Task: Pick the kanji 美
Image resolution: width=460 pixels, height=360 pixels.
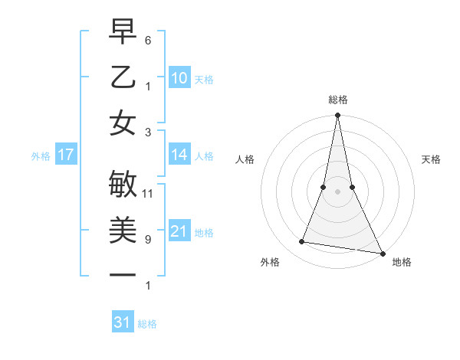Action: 123,230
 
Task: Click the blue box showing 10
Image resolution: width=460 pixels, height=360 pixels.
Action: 179,77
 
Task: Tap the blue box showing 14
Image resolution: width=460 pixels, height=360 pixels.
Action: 179,155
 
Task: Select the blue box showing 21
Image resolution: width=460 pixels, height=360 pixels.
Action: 179,231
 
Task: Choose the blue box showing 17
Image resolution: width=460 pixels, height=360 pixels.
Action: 66,155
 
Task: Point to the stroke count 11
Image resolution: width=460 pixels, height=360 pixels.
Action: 149,193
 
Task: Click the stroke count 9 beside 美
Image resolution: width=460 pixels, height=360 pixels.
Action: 149,239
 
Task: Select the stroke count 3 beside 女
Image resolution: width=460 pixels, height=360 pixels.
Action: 149,132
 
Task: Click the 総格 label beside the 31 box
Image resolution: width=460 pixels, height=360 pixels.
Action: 147,324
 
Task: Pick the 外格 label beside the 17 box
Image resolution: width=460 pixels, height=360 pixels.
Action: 41,156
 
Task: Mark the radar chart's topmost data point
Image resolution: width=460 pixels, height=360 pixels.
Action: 337,116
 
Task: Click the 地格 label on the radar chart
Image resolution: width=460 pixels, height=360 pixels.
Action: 402,262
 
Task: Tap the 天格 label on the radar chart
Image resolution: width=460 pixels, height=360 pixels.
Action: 432,159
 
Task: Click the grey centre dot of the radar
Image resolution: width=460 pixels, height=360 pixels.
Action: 337,191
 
